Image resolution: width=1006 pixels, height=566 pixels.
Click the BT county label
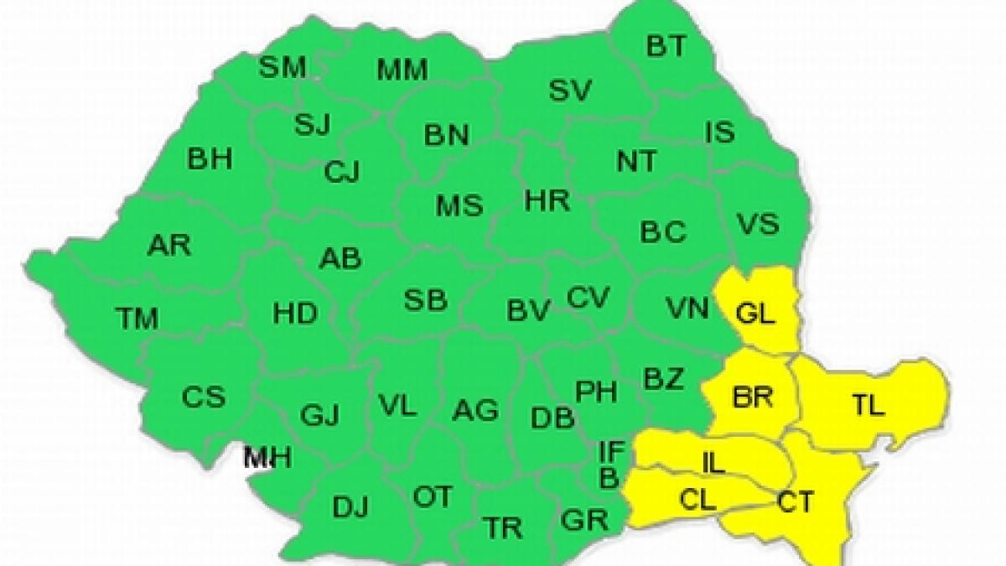[666, 46]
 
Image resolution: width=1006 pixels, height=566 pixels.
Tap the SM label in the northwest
[283, 67]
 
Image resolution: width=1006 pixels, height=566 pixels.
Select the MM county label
[402, 70]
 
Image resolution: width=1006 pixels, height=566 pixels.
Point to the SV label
[571, 90]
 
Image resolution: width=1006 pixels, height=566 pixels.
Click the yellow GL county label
[757, 314]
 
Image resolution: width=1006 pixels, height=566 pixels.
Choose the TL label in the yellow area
[869, 408]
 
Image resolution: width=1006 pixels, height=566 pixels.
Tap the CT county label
[795, 502]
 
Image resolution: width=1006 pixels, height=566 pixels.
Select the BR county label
[752, 397]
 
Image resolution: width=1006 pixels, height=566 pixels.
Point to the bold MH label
[267, 458]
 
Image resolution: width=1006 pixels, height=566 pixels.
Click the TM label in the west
[137, 319]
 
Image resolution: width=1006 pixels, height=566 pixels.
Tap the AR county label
[169, 246]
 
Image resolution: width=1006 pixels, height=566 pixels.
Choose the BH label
[210, 159]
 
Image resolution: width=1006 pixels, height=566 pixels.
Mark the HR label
[547, 200]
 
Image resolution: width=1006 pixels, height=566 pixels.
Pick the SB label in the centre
[425, 300]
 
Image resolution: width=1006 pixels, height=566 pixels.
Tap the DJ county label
[350, 507]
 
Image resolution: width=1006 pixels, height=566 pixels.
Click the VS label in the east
[758, 224]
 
